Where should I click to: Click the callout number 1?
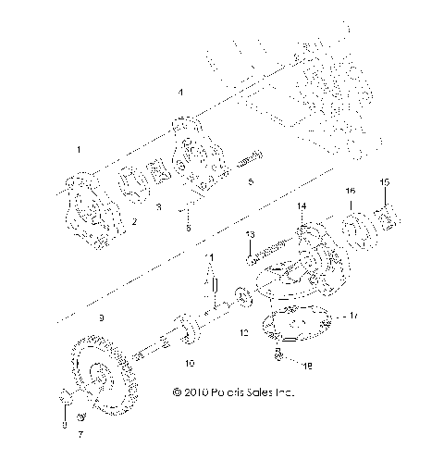(79, 149)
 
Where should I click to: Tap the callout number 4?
(181, 92)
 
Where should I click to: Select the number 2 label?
(135, 221)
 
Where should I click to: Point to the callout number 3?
(158, 209)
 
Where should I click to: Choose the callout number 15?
(386, 180)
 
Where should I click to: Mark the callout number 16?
(351, 191)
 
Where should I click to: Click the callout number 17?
(352, 316)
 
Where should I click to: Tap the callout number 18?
(308, 367)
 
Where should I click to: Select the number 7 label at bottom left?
(80, 433)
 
